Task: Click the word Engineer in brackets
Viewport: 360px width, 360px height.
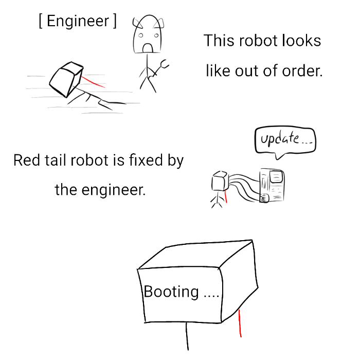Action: [x=78, y=22]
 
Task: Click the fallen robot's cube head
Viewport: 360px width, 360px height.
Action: [x=66, y=79]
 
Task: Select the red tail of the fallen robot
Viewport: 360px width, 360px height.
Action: [x=93, y=82]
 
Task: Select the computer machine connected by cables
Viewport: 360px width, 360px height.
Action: [x=272, y=185]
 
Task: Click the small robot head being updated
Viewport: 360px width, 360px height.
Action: [x=220, y=181]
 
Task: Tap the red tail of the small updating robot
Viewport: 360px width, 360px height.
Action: [x=226, y=196]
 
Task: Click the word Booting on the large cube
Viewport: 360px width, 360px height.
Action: [x=171, y=292]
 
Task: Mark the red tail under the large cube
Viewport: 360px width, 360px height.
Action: [x=240, y=323]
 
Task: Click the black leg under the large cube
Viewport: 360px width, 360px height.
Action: [x=187, y=336]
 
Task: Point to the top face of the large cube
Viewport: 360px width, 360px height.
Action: [x=195, y=255]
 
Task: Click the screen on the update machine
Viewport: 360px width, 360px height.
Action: [x=276, y=176]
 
